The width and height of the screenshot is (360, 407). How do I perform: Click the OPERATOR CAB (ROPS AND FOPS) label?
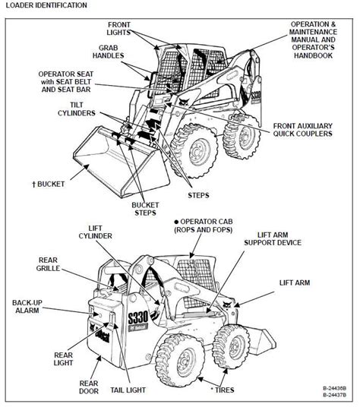tap(205, 226)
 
